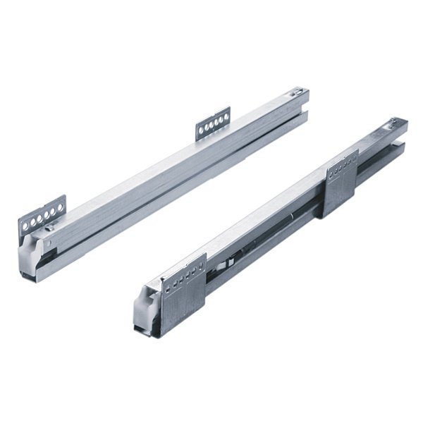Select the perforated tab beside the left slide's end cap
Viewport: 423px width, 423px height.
42,214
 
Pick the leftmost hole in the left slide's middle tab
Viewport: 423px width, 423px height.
201,131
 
